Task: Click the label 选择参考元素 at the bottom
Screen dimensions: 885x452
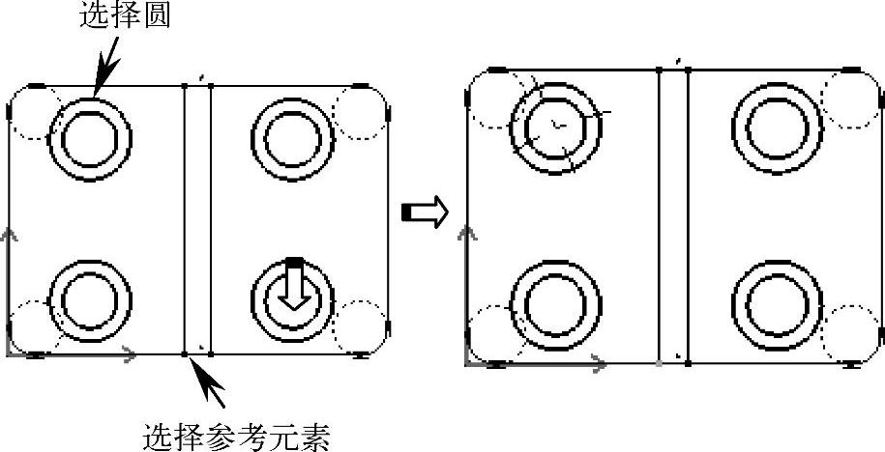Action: coord(237,437)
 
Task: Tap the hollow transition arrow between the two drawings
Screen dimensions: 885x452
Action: coord(425,212)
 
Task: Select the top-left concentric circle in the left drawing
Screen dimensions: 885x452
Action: coord(94,138)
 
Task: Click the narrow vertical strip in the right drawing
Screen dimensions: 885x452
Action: coord(673,216)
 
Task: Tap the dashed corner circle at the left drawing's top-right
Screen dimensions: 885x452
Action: coord(359,111)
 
